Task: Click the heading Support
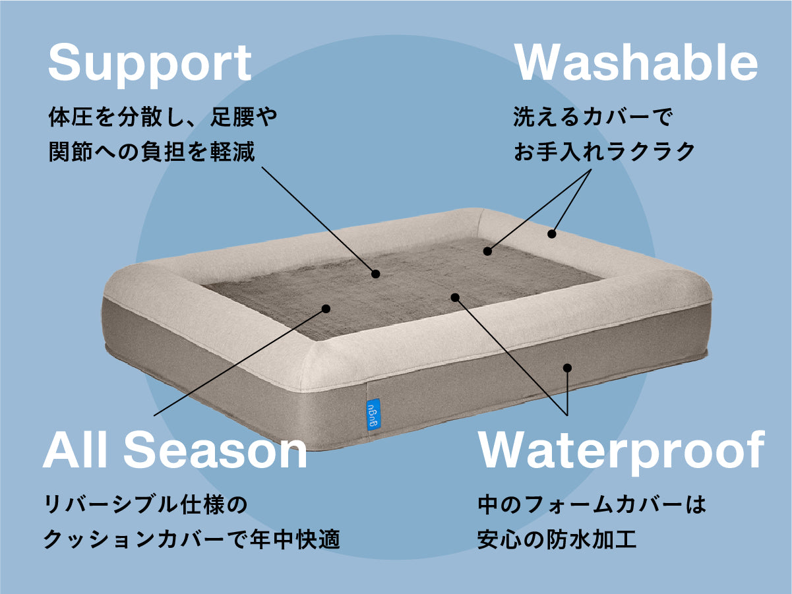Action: (150, 64)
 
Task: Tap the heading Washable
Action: (636, 63)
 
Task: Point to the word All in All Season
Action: (77, 452)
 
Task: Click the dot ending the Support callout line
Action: (376, 274)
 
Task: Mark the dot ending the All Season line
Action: (326, 308)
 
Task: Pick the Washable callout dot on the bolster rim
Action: (551, 233)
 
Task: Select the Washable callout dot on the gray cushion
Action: (487, 251)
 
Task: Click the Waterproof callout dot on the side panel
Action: (566, 368)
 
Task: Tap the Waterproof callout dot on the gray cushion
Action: (454, 297)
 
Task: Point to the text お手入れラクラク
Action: (604, 152)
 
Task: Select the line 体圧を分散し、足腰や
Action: (163, 118)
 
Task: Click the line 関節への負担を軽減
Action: (152, 152)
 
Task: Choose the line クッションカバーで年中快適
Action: (191, 541)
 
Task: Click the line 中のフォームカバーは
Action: (592, 506)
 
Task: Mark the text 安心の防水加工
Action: (557, 541)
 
